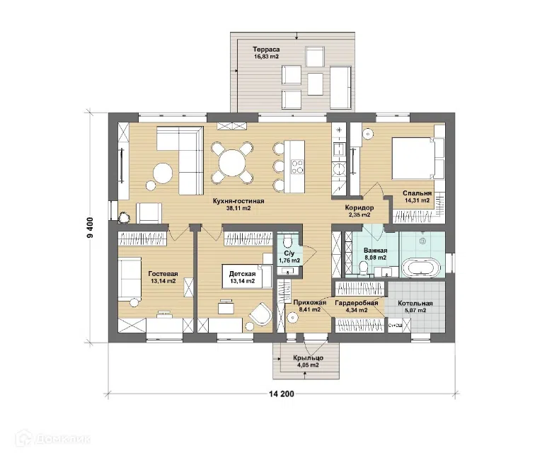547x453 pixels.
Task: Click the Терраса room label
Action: [266, 50]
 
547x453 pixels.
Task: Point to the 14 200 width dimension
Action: [282, 394]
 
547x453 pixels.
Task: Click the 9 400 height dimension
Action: [91, 227]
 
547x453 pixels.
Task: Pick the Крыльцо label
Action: [308, 358]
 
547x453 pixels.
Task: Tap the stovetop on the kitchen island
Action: [297, 166]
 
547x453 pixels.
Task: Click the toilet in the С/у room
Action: [288, 241]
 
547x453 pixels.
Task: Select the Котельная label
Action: [415, 303]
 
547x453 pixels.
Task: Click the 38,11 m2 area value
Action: [238, 208]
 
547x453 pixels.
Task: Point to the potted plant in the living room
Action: [124, 218]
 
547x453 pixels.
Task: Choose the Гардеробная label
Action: [357, 303]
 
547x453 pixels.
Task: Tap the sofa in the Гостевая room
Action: [129, 279]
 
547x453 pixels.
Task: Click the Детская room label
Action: [242, 274]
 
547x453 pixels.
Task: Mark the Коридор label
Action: [359, 207]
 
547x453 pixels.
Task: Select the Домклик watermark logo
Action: [53, 438]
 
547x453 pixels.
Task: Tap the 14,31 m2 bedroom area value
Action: [417, 200]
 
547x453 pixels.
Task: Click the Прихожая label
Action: [309, 302]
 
